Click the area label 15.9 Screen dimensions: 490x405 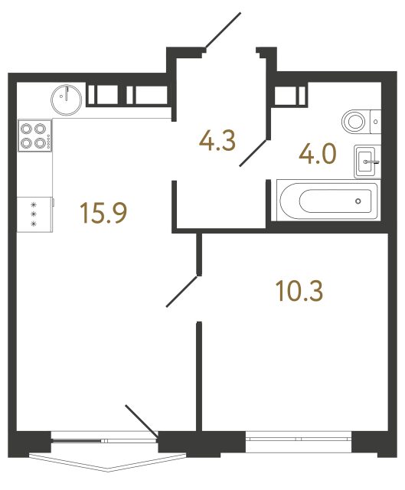click(x=103, y=213)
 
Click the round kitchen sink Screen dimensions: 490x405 click(x=67, y=97)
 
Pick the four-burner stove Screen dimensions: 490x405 click(x=34, y=136)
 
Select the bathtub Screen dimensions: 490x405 click(x=328, y=201)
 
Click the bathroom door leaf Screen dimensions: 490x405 click(x=254, y=152)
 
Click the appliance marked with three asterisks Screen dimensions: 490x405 click(x=34, y=214)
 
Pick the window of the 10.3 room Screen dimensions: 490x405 click(x=299, y=439)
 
